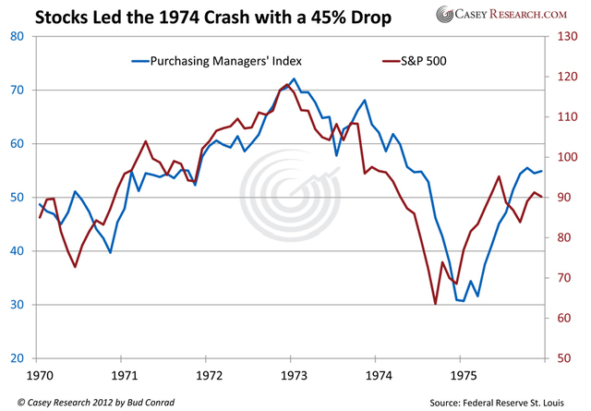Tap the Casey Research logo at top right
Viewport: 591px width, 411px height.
(517, 15)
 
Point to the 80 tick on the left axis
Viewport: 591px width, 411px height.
(18, 37)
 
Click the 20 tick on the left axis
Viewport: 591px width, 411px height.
(18, 358)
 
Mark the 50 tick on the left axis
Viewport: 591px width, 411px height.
(18, 198)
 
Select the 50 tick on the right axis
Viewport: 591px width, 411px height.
(566, 358)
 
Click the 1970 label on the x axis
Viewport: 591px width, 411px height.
(40, 376)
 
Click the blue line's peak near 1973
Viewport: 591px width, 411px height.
(294, 79)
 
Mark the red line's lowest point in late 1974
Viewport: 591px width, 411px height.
(435, 304)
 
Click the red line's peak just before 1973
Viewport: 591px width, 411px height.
(286, 85)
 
